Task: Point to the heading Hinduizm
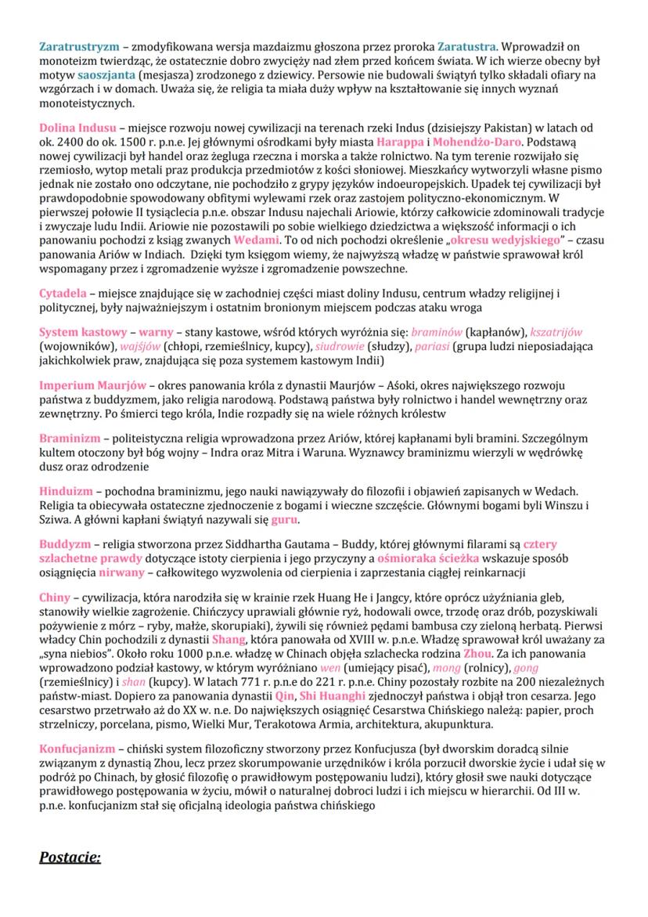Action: tap(63, 491)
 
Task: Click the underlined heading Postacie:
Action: tap(70, 857)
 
